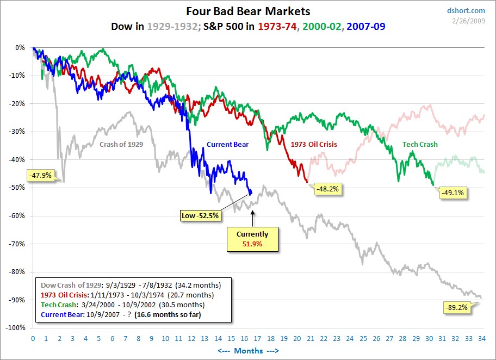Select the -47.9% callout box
(39, 176)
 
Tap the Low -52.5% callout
(200, 216)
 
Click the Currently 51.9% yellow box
(253, 239)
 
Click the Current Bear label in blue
(227, 145)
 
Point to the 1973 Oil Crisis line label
(314, 145)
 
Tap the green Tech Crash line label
(420, 145)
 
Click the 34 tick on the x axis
(482, 338)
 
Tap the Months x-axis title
(248, 351)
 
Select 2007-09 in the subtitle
(366, 26)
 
